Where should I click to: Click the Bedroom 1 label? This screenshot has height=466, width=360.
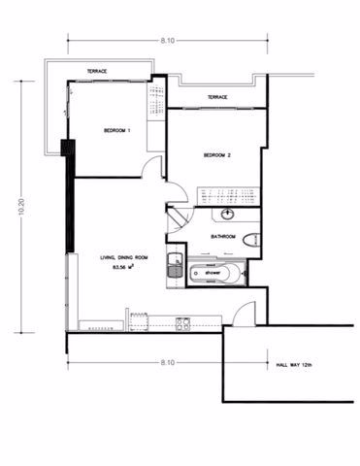tap(116, 131)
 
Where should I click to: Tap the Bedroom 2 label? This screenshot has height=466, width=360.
tap(217, 155)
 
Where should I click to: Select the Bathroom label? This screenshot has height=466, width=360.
tap(223, 237)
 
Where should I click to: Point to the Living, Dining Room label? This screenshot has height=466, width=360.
tap(124, 257)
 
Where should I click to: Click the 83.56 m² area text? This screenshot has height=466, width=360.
tap(123, 267)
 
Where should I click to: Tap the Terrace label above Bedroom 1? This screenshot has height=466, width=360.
tap(97, 71)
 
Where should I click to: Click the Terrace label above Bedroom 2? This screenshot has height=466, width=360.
tap(217, 97)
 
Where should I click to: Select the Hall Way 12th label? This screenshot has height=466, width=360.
tap(294, 365)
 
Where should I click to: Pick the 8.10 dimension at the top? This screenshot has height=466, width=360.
tap(168, 41)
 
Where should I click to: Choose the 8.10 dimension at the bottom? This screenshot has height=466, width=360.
tap(168, 362)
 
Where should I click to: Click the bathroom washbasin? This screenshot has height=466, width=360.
tap(229, 215)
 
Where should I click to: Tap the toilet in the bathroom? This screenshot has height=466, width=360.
tap(251, 241)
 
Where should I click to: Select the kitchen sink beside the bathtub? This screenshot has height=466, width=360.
tap(175, 265)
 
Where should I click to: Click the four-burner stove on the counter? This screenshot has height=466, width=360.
tap(183, 324)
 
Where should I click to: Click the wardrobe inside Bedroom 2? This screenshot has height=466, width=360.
tap(229, 196)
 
